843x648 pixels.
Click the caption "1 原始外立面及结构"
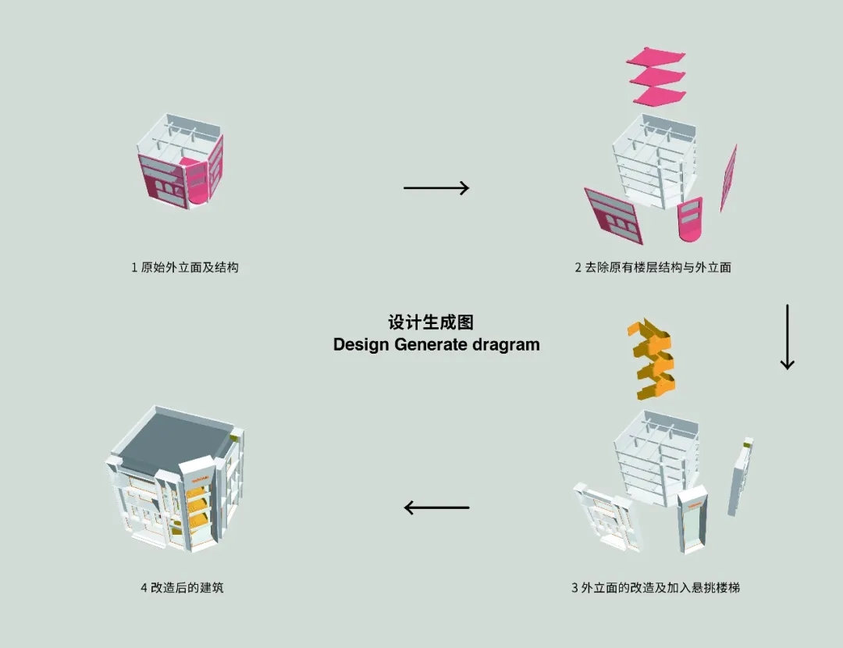pyautogui.click(x=185, y=267)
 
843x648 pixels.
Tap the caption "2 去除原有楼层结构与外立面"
pyautogui.click(x=653, y=267)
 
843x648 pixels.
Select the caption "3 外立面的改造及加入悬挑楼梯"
pyautogui.click(x=656, y=588)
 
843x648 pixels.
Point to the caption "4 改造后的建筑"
pyautogui.click(x=182, y=587)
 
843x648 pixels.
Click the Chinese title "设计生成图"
pyautogui.click(x=431, y=322)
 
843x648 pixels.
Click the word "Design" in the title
pyautogui.click(x=361, y=345)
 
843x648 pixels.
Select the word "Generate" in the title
pyautogui.click(x=431, y=344)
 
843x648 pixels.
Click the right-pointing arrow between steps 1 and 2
pyautogui.click(x=436, y=187)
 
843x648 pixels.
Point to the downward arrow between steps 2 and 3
pyautogui.click(x=787, y=336)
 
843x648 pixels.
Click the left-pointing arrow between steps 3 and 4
pyautogui.click(x=436, y=507)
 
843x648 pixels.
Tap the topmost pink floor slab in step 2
pyautogui.click(x=656, y=57)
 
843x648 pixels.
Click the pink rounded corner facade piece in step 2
pyautogui.click(x=690, y=219)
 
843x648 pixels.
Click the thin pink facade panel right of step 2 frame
pyautogui.click(x=728, y=177)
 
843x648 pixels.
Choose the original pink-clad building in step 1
pyautogui.click(x=180, y=162)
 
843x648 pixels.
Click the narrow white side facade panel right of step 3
pyautogui.click(x=740, y=476)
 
